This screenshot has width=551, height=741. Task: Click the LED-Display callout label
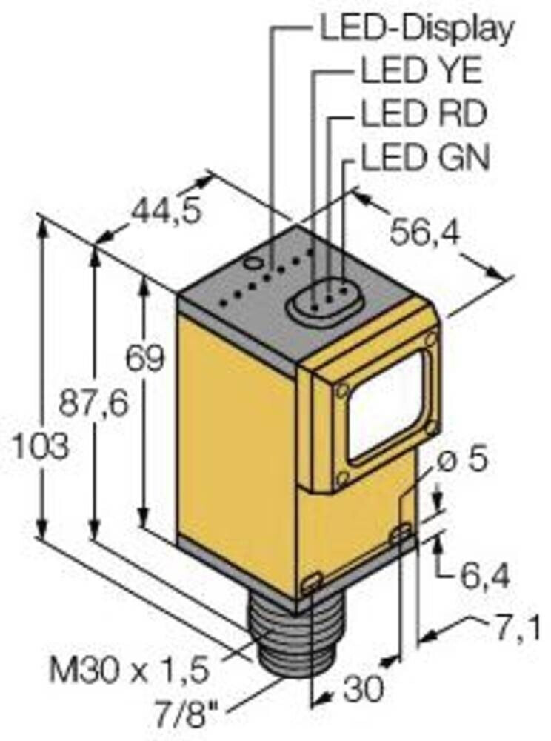click(415, 29)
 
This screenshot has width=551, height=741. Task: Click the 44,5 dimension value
click(165, 213)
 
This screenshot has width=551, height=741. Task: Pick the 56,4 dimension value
click(422, 233)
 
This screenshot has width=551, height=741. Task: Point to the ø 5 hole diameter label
click(464, 459)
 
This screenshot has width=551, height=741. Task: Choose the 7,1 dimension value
click(521, 630)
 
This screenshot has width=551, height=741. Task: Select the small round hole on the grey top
click(253, 262)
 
